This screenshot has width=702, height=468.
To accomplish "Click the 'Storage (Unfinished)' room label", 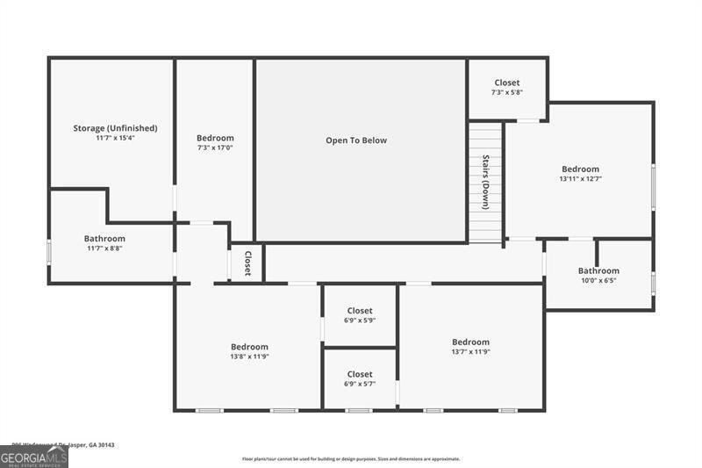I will (115, 128).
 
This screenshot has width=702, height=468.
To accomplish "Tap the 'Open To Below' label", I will (356, 140).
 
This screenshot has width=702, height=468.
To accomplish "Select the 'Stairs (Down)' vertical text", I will (485, 182).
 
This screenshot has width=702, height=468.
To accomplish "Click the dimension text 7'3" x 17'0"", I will (215, 148).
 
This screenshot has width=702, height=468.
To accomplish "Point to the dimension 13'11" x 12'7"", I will (580, 179).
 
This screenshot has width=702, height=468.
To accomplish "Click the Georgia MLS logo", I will (34, 457).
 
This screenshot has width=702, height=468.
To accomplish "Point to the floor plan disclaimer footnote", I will (363, 458).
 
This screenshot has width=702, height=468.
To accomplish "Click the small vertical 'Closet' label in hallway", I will (247, 263).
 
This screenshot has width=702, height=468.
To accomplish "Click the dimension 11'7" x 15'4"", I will (115, 139).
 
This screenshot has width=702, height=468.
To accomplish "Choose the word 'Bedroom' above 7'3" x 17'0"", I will (215, 138).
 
